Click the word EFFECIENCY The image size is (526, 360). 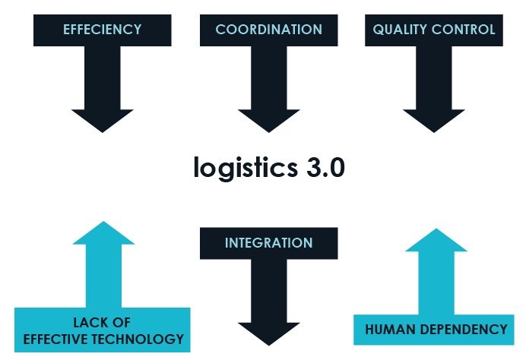[x=103, y=30]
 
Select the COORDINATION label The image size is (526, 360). [x=268, y=30]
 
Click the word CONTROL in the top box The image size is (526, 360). [x=465, y=30]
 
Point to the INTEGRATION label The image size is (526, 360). [x=268, y=243]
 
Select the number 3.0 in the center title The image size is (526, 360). [x=322, y=166]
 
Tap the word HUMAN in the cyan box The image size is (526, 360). [x=390, y=330]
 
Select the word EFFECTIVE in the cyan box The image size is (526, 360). [x=55, y=339]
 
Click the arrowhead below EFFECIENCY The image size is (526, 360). [x=103, y=120]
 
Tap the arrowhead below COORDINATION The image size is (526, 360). [x=268, y=120]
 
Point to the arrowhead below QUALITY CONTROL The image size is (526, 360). [x=434, y=120]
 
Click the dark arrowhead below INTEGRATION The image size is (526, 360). [x=268, y=333]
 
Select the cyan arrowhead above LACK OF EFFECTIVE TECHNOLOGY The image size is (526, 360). [x=103, y=234]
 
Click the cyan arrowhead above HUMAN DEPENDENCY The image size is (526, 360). [x=436, y=241]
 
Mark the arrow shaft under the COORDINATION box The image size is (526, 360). [x=268, y=76]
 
